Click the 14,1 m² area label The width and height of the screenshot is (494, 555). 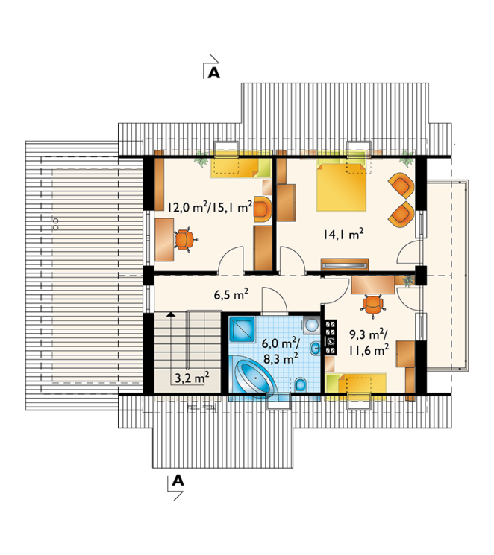343,234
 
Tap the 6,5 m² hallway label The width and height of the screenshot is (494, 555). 231,294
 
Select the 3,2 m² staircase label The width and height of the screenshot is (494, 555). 192,378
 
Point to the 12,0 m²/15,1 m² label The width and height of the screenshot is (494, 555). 210,206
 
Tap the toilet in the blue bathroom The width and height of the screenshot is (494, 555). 301,384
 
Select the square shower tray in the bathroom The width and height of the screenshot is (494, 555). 242,329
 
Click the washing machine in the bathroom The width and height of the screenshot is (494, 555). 311,325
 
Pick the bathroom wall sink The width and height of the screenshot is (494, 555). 316,349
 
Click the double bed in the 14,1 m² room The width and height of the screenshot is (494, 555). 341,186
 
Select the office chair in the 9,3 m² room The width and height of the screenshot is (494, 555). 372,304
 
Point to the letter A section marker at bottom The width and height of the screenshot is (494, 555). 178,481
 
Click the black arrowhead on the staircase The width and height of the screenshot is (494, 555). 171,314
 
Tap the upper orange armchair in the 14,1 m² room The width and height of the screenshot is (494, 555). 401,185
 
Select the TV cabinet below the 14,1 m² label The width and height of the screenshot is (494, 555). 345,264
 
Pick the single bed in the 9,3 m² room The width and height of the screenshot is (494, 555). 356,384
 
